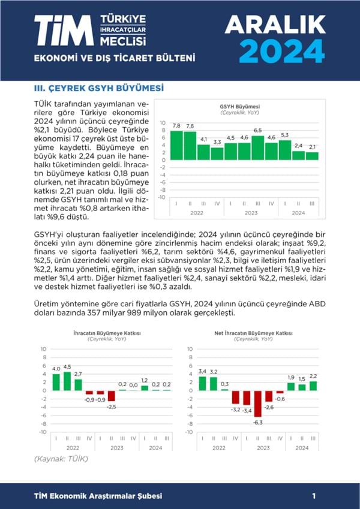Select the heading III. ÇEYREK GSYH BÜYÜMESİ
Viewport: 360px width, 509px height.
pos(98,88)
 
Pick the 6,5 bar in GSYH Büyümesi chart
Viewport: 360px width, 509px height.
pos(257,147)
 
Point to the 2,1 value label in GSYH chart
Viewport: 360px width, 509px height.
pos(312,147)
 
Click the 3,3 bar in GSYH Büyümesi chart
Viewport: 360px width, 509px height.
pos(217,153)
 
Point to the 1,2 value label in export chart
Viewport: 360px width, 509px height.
pos(144,381)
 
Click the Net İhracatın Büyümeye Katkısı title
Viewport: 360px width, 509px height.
pos(253,333)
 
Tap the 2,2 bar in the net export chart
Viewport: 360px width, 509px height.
pos(313,386)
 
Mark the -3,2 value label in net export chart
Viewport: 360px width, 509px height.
pos(236,409)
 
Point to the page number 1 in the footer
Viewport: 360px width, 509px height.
pos(314,496)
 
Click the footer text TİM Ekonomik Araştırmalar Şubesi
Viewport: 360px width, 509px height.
pos(98,496)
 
